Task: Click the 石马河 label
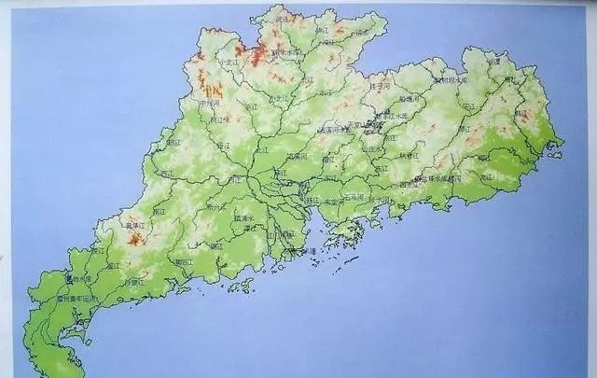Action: (x=354, y=197)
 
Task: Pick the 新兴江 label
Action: (x=214, y=207)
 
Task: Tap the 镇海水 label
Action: (x=250, y=217)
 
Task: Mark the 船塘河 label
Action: (x=409, y=98)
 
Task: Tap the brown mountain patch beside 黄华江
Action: (x=136, y=239)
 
